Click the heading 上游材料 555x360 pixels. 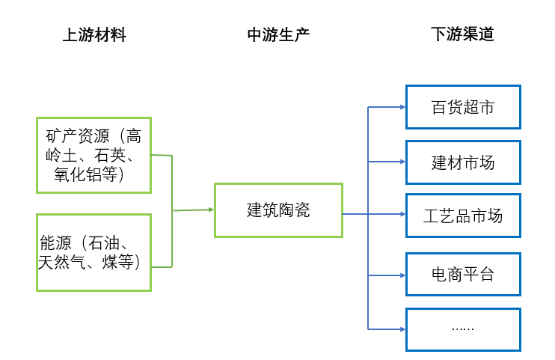[93, 34]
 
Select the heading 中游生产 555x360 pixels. [278, 34]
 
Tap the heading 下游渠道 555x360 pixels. [462, 34]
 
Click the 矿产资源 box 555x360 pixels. [93, 155]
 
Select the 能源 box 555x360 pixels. [93, 252]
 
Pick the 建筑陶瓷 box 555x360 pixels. [278, 210]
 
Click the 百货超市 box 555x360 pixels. [463, 107]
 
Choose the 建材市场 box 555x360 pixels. [463, 162]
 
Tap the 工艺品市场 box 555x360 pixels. [463, 216]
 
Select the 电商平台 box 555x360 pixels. [463, 274]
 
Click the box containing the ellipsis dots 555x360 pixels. [463, 329]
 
